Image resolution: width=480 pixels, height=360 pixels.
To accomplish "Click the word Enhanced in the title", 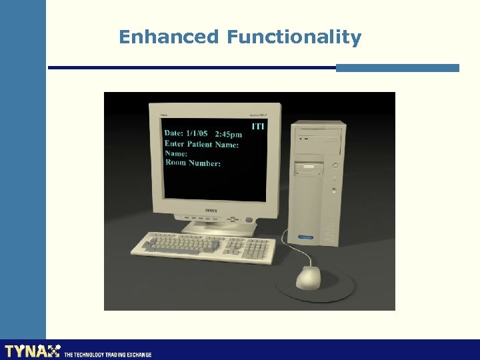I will (x=168, y=37).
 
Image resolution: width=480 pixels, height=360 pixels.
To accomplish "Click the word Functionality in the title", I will (x=293, y=38).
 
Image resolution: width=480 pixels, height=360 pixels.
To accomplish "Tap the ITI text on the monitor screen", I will (x=257, y=126).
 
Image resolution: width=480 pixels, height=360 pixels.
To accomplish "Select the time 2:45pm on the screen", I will (x=228, y=135).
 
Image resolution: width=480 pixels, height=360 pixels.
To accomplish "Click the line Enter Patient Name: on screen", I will (x=201, y=144).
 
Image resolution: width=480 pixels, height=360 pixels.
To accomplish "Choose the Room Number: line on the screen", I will (x=193, y=163).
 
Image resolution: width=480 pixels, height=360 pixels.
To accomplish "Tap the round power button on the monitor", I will (x=249, y=220).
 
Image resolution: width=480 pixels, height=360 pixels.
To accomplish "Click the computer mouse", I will (x=308, y=277).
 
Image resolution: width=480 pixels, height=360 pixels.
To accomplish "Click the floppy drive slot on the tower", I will (x=309, y=166).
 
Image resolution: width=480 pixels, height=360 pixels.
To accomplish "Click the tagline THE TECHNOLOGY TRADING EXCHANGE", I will (x=107, y=355).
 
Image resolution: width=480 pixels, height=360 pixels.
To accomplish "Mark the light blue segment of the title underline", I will (x=397, y=68).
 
